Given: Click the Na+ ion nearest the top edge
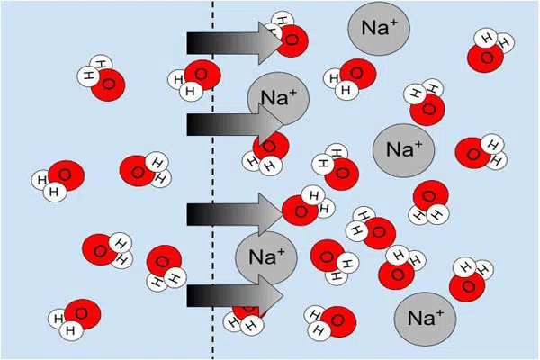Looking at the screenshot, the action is tap(379, 28).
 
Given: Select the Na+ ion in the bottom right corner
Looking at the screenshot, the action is tap(425, 319).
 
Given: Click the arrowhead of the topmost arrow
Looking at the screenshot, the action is tap(271, 43).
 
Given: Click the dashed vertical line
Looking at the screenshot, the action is tap(212, 180).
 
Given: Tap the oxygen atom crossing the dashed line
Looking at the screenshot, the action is tap(202, 75).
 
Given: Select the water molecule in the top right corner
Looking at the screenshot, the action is tap(490, 50).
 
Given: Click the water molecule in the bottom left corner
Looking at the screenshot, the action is tap(75, 319).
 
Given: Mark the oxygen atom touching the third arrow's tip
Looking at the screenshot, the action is tap(300, 211).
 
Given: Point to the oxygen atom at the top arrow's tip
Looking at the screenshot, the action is tap(292, 40).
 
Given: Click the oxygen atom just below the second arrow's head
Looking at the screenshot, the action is tap(271, 147).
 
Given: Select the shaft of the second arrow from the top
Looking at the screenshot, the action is tap(223, 124).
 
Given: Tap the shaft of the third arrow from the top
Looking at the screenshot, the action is tap(223, 214).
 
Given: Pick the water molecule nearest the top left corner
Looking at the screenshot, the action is tap(101, 78).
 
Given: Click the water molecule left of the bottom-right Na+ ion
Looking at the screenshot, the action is tap(330, 322).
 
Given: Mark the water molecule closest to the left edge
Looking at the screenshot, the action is tap(58, 181).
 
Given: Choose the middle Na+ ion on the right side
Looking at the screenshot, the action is tap(403, 150).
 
